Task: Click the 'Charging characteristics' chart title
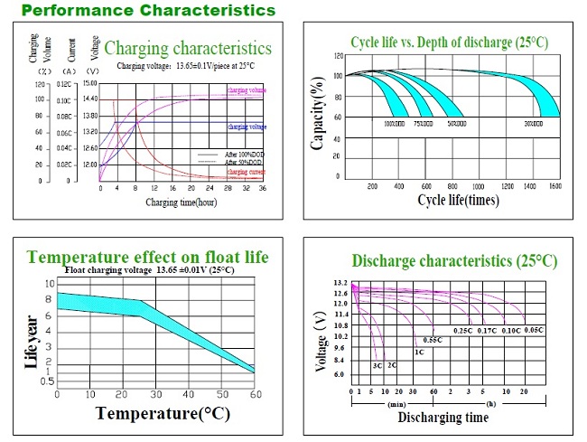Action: [187, 48]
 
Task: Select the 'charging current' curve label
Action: [245, 171]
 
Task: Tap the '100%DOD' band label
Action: [395, 122]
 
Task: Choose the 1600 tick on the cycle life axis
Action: [554, 185]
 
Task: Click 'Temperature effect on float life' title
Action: [148, 258]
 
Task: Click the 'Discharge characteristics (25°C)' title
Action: [454, 261]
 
